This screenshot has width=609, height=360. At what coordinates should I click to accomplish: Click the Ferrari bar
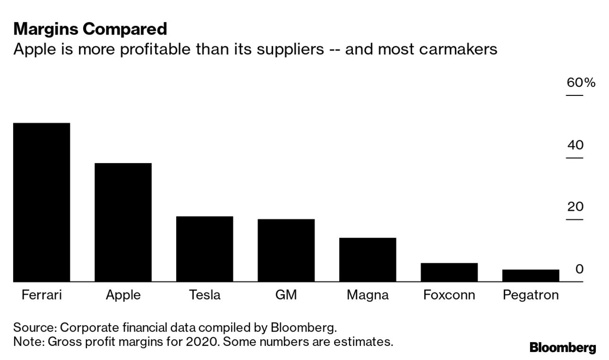42,202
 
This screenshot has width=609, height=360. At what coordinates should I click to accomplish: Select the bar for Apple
123,223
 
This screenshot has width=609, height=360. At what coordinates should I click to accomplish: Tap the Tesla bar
205,249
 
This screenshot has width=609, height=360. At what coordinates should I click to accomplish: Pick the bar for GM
286,250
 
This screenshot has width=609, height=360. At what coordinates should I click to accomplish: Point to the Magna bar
368,260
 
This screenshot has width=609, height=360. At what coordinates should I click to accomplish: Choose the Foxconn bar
449,273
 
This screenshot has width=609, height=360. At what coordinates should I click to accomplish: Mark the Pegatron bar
531,276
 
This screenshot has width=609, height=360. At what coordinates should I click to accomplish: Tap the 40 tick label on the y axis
575,145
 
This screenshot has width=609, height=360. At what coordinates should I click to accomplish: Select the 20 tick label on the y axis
575,207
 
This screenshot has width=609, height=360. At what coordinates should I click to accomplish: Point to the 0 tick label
579,269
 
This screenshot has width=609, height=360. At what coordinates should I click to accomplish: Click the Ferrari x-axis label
42,295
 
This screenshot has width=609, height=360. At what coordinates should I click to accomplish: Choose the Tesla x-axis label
205,295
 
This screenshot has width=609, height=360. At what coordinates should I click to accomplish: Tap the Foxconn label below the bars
449,295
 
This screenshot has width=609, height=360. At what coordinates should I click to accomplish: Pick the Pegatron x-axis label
531,295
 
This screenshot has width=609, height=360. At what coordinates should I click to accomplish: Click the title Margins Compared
90,29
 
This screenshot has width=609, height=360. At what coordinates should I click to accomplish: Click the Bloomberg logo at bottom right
563,348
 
